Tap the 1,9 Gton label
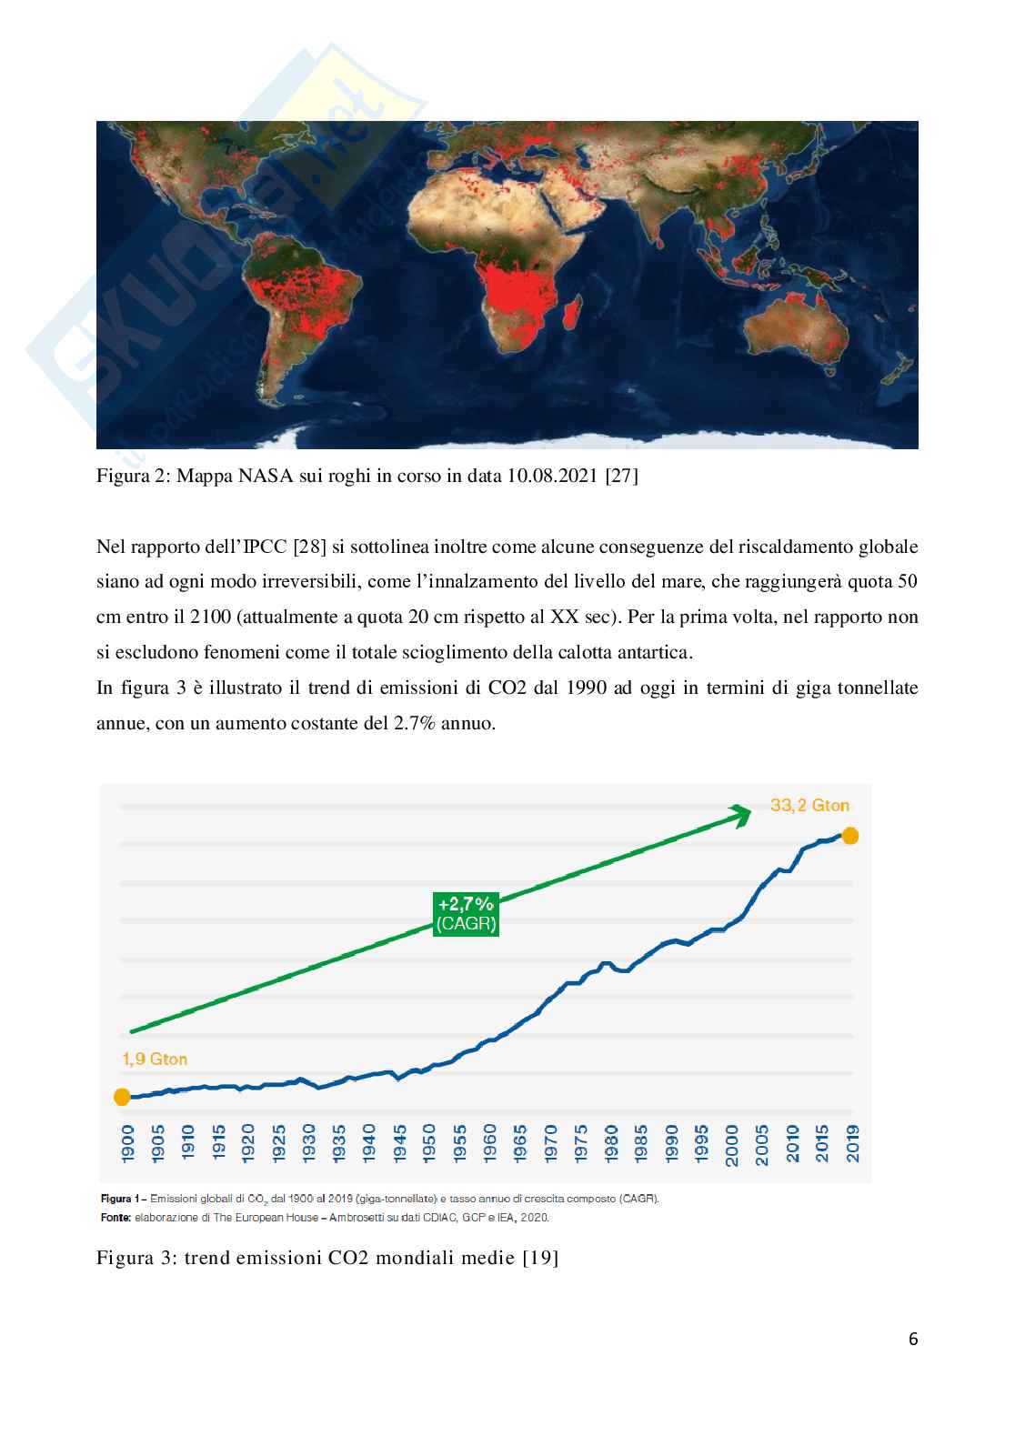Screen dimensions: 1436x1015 click(154, 1059)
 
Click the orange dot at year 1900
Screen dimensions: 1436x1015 click(122, 1097)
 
